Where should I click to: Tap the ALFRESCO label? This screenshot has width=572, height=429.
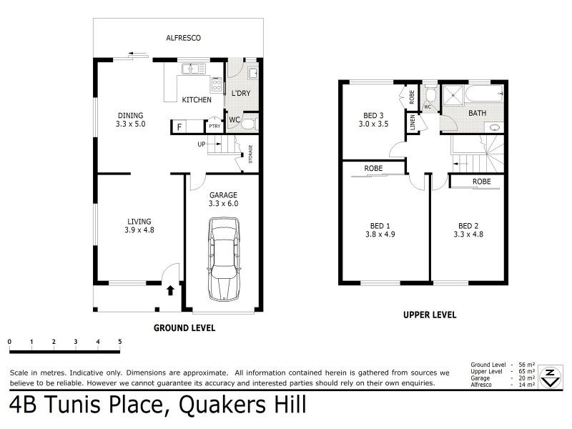tap(182, 37)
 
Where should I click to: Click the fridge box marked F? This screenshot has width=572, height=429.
tap(179, 127)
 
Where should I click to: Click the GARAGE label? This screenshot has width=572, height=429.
tap(222, 194)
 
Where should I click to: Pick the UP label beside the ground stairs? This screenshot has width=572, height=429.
tap(202, 144)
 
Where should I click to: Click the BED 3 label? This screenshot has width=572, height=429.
tap(372, 115)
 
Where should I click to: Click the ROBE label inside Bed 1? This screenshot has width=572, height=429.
tap(373, 168)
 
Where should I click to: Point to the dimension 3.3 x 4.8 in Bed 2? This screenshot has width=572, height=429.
tap(472, 235)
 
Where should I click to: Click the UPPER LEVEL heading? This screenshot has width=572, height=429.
tap(430, 315)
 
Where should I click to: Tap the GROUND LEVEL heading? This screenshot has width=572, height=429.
tap(184, 327)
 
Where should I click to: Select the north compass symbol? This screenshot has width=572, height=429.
tap(549, 377)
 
